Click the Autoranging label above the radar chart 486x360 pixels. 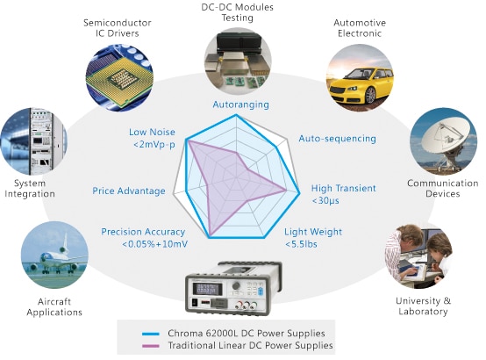[241, 104]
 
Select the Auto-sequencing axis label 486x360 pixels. [337, 139]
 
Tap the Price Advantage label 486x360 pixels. [129, 191]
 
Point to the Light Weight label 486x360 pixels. [313, 232]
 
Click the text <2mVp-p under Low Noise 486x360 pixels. [154, 145]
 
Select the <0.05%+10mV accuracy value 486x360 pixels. [154, 244]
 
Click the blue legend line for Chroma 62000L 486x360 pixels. [151, 334]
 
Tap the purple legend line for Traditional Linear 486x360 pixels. [151, 345]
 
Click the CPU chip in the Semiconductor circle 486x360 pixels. [119, 76]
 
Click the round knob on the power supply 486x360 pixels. [236, 285]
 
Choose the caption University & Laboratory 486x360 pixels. [424, 306]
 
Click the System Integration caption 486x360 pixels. [30, 189]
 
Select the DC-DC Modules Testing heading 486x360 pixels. [238, 12]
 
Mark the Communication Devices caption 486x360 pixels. [443, 189]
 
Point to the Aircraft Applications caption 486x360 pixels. [54, 306]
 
